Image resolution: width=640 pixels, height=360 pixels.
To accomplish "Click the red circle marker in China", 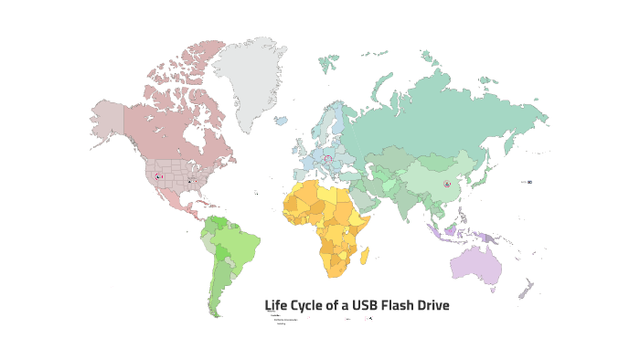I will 447,185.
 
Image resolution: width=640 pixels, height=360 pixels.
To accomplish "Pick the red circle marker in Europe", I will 328,158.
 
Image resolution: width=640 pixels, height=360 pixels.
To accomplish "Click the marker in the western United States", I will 157,175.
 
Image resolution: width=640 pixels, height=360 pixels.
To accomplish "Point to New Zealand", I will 525,290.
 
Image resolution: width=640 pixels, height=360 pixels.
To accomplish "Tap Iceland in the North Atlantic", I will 281,121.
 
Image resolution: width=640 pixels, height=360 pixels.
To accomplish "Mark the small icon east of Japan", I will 528,182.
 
